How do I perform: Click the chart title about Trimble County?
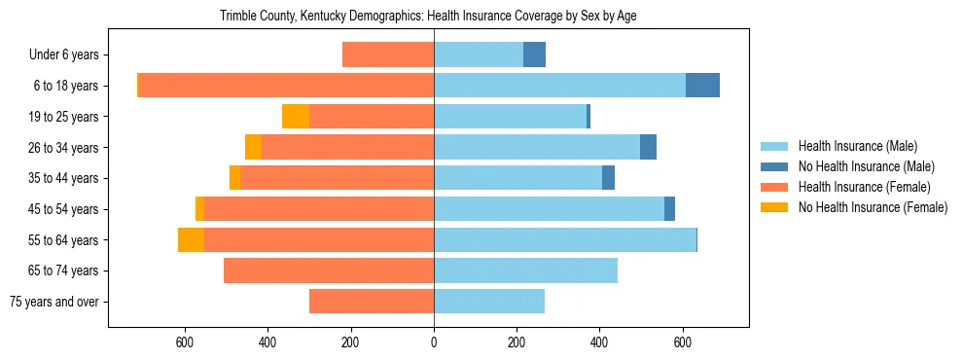click(x=428, y=17)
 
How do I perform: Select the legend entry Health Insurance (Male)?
click(x=857, y=147)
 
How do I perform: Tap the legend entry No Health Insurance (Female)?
click(x=872, y=207)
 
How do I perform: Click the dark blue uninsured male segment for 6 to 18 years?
click(x=702, y=86)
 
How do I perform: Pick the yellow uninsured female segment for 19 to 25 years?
click(x=296, y=117)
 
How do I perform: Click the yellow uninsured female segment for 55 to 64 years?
click(x=191, y=239)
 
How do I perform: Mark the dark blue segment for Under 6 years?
click(x=534, y=54)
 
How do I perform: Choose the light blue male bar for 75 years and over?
click(x=489, y=302)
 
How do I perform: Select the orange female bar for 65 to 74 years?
click(x=329, y=270)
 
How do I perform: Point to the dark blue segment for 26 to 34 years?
click(x=648, y=147)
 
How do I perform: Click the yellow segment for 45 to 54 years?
click(x=199, y=209)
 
